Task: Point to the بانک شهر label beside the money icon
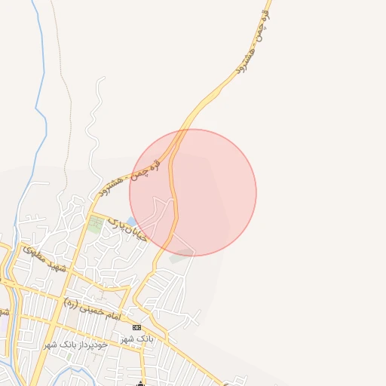[138, 339]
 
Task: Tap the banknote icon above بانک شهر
[136, 327]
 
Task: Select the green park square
[95, 224]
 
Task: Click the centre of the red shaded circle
[193, 192]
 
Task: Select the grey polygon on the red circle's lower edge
[181, 256]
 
